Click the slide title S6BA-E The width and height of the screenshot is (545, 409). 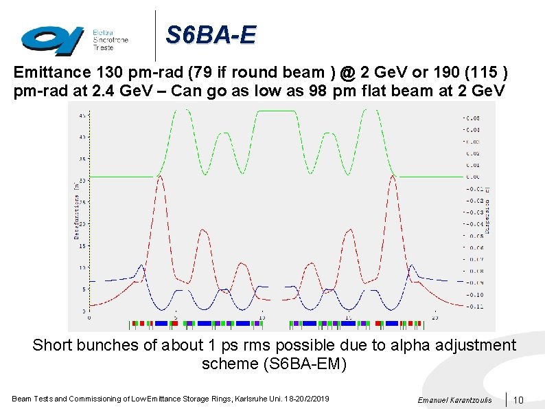(x=210, y=34)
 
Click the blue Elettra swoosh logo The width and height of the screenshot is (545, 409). (x=51, y=38)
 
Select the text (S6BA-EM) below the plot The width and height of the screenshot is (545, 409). (x=274, y=364)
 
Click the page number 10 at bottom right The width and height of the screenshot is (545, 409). (x=518, y=400)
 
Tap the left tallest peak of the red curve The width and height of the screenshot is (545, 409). (x=159, y=177)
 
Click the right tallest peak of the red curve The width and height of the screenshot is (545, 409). (x=392, y=177)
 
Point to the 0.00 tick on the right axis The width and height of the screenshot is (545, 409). (x=473, y=177)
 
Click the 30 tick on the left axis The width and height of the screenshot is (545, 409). (x=82, y=180)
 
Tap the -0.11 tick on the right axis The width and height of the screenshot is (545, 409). (x=474, y=306)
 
